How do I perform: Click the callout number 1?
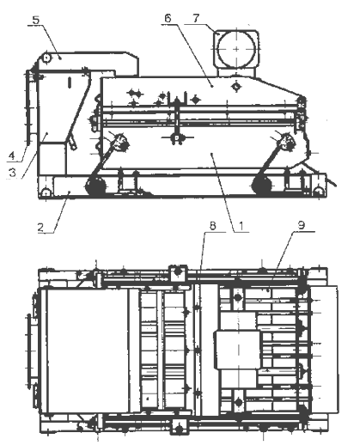pyautogui.click(x=241, y=226)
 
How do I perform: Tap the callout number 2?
pyautogui.click(x=41, y=228)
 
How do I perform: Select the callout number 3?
pyautogui.click(x=12, y=173)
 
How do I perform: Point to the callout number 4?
pyautogui.click(x=11, y=156)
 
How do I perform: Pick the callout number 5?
pyautogui.click(x=36, y=21)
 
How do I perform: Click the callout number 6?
pyautogui.click(x=168, y=18)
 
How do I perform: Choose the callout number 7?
pyautogui.click(x=196, y=18)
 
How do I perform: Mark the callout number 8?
pyautogui.click(x=212, y=226)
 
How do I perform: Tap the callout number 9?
pyautogui.click(x=302, y=225)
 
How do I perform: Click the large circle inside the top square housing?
pyautogui.click(x=236, y=49)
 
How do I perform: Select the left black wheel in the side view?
pyautogui.click(x=96, y=186)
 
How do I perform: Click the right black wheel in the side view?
pyautogui.click(x=261, y=186)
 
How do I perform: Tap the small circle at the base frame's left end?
pyautogui.click(x=46, y=192)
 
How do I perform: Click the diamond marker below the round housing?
pyautogui.click(x=236, y=86)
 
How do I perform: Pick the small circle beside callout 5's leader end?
pyautogui.click(x=46, y=58)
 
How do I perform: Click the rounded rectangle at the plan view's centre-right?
pyautogui.click(x=237, y=350)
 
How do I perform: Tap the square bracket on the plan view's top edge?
pyautogui.click(x=178, y=273)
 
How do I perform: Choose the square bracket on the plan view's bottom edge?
pyautogui.click(x=180, y=427)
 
